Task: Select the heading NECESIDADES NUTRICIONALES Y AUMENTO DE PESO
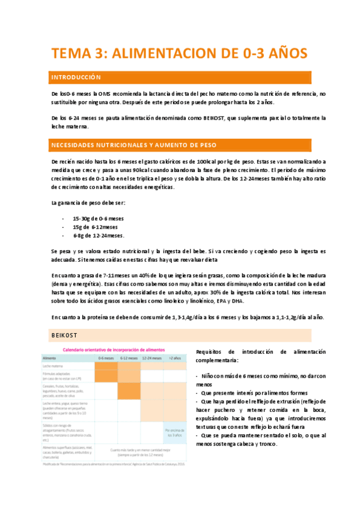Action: click(133, 146)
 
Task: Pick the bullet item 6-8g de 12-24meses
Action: click(99, 235)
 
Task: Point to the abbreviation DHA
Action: click(237, 300)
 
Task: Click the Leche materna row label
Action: click(53, 365)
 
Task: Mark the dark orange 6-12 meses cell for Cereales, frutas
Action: click(129, 391)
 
